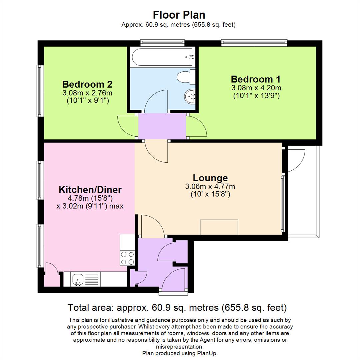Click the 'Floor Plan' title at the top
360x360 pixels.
[x=179, y=15]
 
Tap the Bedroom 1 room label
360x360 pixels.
[x=255, y=79]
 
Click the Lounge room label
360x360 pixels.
[x=210, y=178]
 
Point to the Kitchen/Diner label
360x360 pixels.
[x=90, y=190]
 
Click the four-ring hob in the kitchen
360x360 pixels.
[x=127, y=258]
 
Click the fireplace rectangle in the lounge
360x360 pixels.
[x=219, y=227]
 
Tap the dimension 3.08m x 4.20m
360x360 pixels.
[x=256, y=88]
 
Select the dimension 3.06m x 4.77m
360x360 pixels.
[x=210, y=187]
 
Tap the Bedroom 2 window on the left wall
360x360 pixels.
[x=40, y=91]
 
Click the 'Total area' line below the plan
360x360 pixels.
[x=177, y=307]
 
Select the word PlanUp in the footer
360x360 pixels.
[x=207, y=353]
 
